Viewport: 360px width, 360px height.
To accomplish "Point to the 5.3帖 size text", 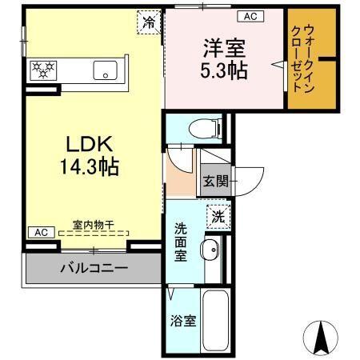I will pos(223,70).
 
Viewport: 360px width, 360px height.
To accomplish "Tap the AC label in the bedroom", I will pos(249,16).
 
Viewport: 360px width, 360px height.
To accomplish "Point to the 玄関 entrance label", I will pos(214,182).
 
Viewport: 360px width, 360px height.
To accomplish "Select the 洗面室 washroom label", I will pos(182,241).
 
